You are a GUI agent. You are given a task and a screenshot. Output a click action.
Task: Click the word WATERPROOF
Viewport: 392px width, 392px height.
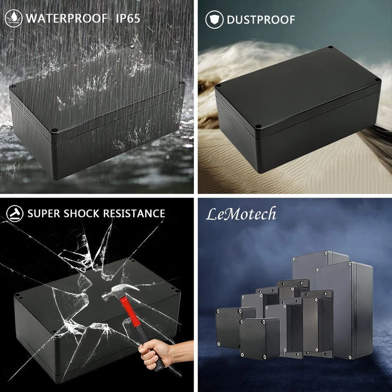point(67,18)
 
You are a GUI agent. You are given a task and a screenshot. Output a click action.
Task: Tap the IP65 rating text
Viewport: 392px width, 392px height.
point(128,18)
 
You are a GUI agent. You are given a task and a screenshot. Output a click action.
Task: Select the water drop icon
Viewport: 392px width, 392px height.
point(13,18)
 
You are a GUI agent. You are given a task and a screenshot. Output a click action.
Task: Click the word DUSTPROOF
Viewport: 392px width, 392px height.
point(261,20)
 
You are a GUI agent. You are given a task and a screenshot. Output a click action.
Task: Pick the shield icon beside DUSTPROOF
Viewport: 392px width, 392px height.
point(214,20)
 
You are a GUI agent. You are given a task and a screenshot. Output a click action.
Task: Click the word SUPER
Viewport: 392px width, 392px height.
point(44,214)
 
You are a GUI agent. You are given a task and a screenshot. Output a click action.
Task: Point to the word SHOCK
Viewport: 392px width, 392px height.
point(82,214)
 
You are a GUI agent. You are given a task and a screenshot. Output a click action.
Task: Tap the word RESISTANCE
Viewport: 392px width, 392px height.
point(134,214)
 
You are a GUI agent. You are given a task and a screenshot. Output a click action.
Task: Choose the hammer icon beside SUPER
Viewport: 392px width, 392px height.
point(15,214)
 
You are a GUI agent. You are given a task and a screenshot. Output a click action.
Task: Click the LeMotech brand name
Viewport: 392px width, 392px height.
point(241,214)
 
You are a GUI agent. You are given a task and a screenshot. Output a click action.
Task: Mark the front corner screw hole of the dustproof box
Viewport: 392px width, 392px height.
point(259,127)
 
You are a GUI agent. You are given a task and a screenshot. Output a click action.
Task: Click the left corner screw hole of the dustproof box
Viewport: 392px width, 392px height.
point(218,85)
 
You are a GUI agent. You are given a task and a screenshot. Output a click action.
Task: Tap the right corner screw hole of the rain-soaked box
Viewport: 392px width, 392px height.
point(182,83)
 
